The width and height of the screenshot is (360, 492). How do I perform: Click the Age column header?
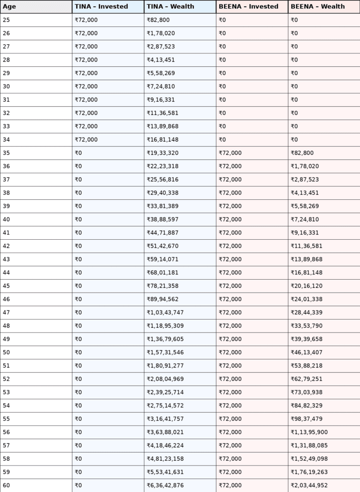point(10,7)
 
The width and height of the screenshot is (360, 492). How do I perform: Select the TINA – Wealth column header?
point(170,7)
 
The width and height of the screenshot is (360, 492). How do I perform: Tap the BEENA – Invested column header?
point(248,7)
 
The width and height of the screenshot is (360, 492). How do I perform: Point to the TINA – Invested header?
point(101,7)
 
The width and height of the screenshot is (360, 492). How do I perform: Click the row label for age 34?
point(6,140)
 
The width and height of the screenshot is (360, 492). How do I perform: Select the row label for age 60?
point(6,485)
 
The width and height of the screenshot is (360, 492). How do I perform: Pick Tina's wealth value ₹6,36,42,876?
point(165,485)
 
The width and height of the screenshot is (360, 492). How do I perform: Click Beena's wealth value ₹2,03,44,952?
point(309,485)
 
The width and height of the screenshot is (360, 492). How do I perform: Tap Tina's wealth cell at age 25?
point(158,20)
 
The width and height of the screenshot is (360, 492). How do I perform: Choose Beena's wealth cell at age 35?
point(302,153)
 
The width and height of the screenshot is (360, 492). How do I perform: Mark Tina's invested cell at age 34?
point(86,140)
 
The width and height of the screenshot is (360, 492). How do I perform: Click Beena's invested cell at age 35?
point(230,153)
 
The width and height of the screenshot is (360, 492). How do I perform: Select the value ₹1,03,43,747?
point(165,313)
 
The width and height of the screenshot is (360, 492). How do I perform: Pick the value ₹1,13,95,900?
point(309,432)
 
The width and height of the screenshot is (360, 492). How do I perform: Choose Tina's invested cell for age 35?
point(78,153)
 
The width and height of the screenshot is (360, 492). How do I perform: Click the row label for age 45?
point(6,286)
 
